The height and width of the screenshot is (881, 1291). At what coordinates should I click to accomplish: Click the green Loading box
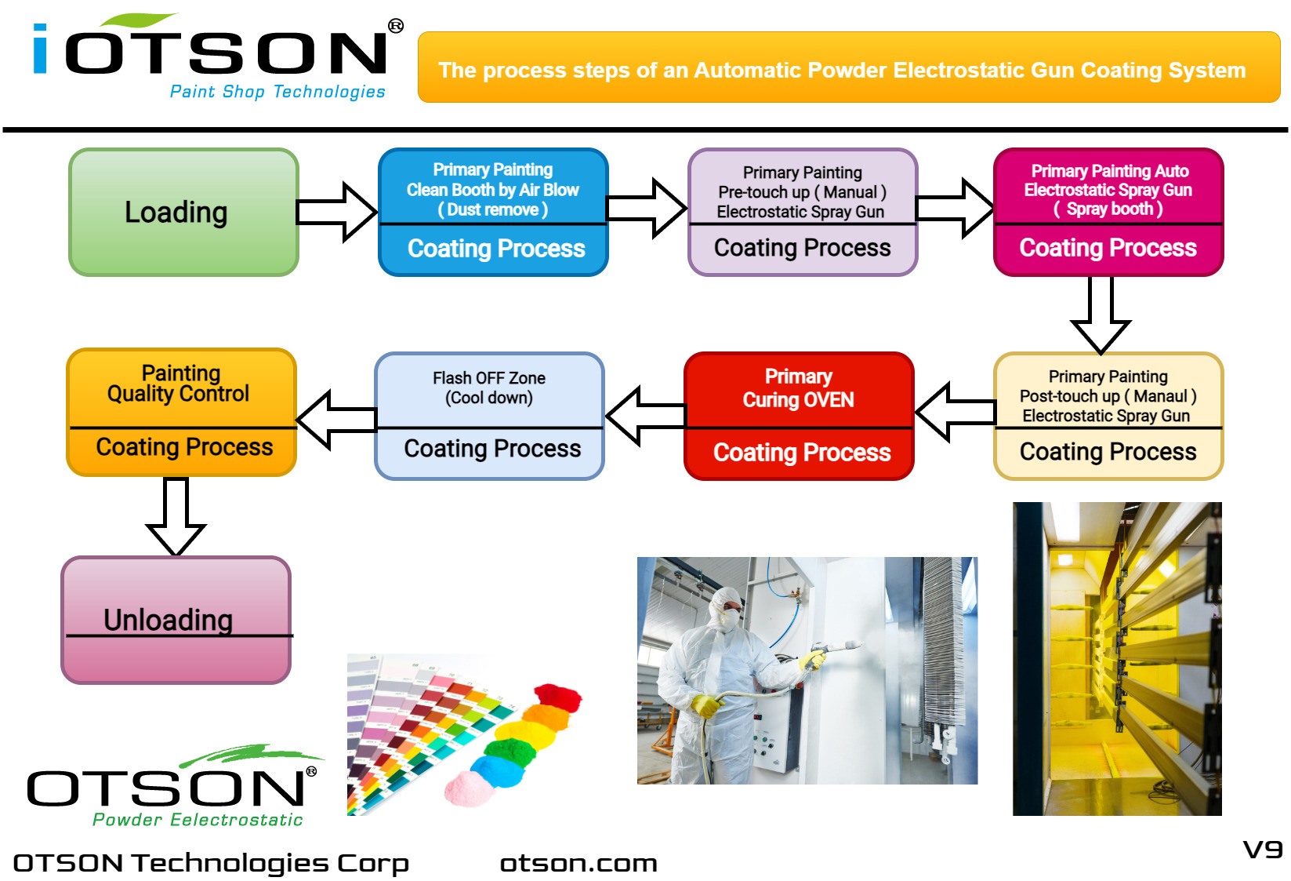pos(183,212)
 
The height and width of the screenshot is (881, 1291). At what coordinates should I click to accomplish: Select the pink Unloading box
pos(176,620)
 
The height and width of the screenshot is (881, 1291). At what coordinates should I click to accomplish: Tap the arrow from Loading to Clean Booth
pos(337,212)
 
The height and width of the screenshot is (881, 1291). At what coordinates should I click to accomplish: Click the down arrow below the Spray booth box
pos(1100,314)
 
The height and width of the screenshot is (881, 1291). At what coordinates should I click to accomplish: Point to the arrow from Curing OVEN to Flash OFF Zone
pos(644,416)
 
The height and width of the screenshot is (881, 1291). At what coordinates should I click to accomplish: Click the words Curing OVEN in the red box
pos(798,400)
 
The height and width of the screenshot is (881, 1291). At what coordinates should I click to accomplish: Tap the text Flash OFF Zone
pos(489,378)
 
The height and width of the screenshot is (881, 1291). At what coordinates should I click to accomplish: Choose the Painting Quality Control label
pos(180,384)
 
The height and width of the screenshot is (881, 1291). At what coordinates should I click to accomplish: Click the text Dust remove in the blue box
pos(493,210)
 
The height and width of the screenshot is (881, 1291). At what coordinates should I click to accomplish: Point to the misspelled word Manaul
pos(1160,396)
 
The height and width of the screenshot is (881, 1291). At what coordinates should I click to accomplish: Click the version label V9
pos(1262,850)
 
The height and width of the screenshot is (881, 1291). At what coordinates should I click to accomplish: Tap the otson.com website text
pos(578,863)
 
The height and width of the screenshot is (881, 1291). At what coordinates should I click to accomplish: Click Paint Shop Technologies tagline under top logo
pos(277,92)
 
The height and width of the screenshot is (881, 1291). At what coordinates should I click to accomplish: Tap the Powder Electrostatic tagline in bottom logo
pos(198,820)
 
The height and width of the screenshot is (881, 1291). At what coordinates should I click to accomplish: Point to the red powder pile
pos(558,696)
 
